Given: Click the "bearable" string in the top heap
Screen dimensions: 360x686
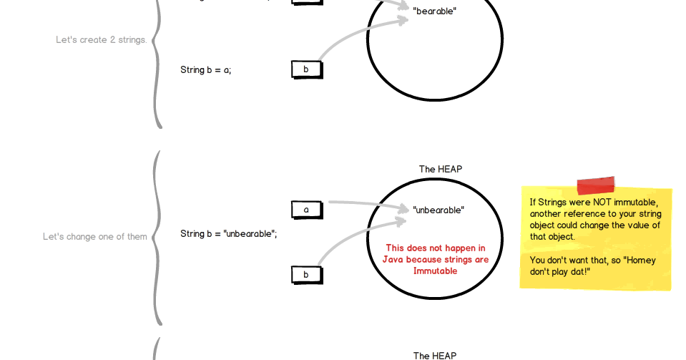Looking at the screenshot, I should [x=434, y=11].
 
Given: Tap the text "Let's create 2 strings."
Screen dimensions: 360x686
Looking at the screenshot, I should [x=101, y=40].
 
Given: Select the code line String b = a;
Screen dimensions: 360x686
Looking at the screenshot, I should [x=205, y=70].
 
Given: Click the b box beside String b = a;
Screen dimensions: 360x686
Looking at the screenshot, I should [x=306, y=69].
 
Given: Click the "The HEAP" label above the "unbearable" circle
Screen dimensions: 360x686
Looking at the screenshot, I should [x=440, y=170].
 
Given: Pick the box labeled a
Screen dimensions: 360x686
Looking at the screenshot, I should [x=306, y=210].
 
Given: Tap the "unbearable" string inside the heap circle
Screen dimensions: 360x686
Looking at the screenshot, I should [x=438, y=210].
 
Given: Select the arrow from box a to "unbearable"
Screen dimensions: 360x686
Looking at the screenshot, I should [x=365, y=205].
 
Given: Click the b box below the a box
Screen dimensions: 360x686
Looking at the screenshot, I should [x=306, y=274].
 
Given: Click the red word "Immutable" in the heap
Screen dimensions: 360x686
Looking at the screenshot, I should [x=435, y=271].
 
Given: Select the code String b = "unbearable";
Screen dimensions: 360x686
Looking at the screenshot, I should [x=228, y=234].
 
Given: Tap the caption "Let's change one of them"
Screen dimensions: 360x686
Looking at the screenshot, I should [x=94, y=237].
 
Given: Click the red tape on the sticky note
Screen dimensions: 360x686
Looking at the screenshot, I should [x=595, y=186].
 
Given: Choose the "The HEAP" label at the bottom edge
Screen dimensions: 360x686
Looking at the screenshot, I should [x=434, y=355].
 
